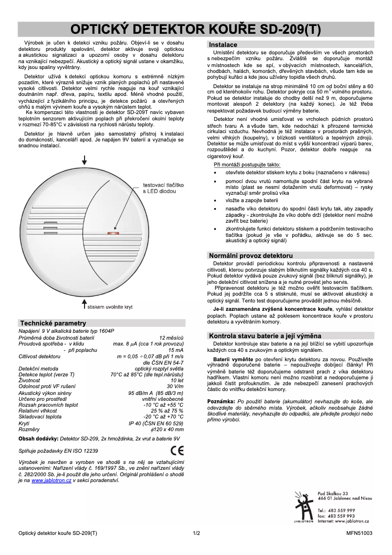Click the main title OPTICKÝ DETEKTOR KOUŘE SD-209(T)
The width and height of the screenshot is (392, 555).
click(x=196, y=29)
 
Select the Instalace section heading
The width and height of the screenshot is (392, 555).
click(x=223, y=45)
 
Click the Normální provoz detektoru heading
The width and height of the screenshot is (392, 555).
click(x=251, y=255)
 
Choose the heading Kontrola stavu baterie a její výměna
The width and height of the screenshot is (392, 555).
click(x=265, y=336)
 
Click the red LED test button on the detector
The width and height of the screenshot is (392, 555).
click(x=113, y=233)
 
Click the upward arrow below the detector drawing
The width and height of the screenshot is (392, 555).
click(x=85, y=304)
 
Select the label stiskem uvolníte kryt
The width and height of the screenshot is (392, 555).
click(x=111, y=307)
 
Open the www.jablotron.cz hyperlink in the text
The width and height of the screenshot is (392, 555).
click(x=51, y=481)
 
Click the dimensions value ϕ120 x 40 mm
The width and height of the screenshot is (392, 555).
click(x=169, y=429)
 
